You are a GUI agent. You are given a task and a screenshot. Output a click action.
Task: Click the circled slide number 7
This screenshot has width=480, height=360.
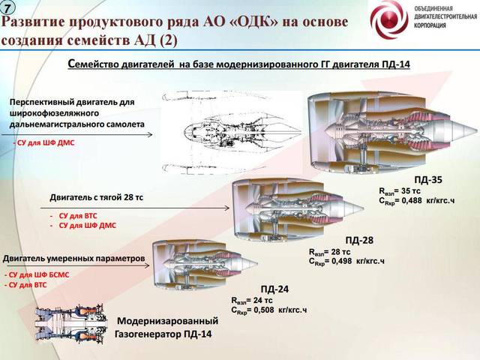tap(7, 8)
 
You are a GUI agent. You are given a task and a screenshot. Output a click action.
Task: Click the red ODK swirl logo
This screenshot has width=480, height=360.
tap(389, 19)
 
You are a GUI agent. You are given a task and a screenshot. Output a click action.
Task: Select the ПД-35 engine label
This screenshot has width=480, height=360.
tap(428, 180)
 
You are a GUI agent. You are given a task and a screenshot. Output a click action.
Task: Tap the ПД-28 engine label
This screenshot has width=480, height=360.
tap(359, 240)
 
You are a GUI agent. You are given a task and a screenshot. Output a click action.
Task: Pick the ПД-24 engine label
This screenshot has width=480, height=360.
tap(274, 289)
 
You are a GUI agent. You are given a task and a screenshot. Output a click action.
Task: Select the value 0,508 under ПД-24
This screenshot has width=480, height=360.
tap(264, 310)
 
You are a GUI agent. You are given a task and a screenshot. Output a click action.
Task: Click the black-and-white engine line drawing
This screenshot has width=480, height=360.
tap(232, 133)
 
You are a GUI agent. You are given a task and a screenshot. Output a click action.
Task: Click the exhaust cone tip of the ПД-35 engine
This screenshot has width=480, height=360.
tap(477, 130)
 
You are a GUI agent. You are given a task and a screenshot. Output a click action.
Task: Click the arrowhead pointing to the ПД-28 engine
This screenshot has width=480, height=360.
tap(226, 208)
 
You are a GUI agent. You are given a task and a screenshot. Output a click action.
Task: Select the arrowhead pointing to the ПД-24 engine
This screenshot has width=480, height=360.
tap(147, 265)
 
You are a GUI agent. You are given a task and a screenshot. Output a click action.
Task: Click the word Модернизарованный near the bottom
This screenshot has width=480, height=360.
tap(168, 321)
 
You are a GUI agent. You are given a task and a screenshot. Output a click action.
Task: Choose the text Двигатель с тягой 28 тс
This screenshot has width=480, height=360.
tap(97, 197)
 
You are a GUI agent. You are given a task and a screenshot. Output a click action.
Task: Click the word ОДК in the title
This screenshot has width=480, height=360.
tap(254, 22)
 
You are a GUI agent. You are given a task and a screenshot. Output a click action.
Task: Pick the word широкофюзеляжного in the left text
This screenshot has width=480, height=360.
tap(54, 113)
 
